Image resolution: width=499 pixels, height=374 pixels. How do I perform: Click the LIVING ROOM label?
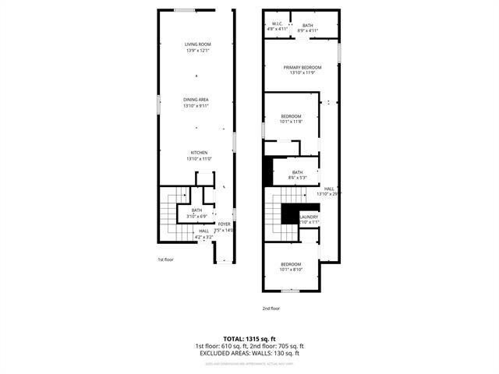coord(196,44)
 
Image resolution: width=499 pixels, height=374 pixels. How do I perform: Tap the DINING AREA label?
coord(196,100)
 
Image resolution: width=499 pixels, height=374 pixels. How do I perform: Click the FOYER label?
coord(224,224)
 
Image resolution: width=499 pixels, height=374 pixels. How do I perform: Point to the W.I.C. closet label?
coord(277,25)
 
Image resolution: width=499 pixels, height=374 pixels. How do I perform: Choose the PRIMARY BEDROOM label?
coord(303,67)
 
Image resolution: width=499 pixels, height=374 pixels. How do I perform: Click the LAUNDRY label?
coord(309,217)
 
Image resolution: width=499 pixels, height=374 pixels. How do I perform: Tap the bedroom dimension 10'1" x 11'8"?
coord(291,122)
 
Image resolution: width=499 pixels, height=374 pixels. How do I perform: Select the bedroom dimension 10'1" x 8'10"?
coord(291,270)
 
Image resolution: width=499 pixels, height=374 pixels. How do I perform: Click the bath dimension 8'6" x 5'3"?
coord(297,178)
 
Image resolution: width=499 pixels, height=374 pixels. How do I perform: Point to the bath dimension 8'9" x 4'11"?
coord(308,30)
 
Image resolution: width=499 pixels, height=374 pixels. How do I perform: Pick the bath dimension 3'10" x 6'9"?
coord(196,214)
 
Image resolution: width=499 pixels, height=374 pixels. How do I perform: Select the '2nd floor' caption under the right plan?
coord(271,309)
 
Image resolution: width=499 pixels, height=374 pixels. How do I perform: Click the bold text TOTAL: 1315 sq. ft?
coord(249,339)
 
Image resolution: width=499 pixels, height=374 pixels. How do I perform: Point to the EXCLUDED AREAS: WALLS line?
coord(249,353)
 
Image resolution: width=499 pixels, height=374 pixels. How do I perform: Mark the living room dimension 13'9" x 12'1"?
coord(196,50)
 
